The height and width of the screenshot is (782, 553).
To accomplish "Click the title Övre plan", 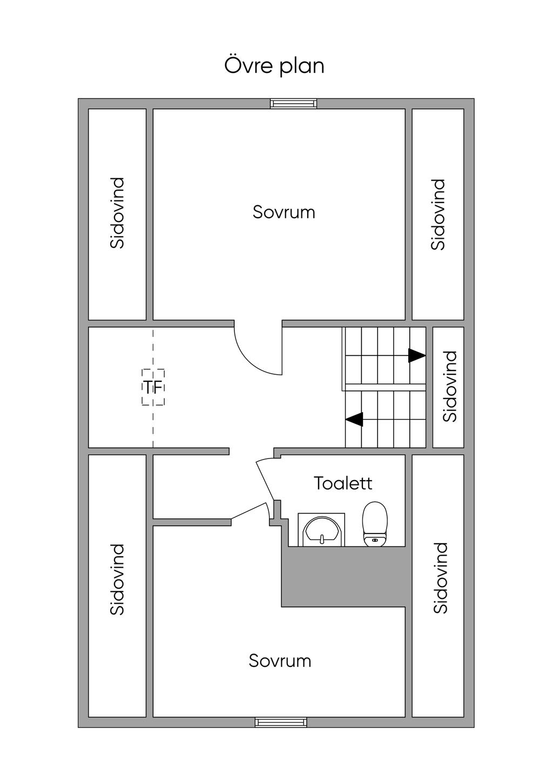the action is pos(274,66).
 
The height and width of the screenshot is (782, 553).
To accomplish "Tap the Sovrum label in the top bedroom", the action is pos(284,212).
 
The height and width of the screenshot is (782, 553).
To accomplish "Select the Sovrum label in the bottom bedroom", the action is pos(280,661).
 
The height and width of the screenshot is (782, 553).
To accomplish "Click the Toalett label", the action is pos(343,483).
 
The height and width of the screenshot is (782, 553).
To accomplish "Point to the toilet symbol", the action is pos(375,524).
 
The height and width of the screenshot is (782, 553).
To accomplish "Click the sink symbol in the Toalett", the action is pos(321,530).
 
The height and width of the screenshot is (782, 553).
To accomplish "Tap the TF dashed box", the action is pos(153,387).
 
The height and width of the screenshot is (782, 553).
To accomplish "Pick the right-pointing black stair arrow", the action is pos(417,356).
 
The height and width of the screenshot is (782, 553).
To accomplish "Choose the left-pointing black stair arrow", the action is pos(354,419).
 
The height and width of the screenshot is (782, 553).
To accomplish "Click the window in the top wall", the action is pos(294,103).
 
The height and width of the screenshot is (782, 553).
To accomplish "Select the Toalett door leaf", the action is pos(265,480).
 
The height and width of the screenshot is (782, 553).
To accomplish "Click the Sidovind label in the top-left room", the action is pos(117,213).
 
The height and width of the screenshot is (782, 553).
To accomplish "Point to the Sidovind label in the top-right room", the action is pos(438,214).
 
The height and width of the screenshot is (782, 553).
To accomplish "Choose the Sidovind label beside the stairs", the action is pos(450,387).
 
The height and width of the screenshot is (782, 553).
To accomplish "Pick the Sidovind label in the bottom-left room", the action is pos(117,579).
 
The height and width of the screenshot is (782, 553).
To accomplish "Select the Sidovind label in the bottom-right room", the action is pos(440,578).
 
